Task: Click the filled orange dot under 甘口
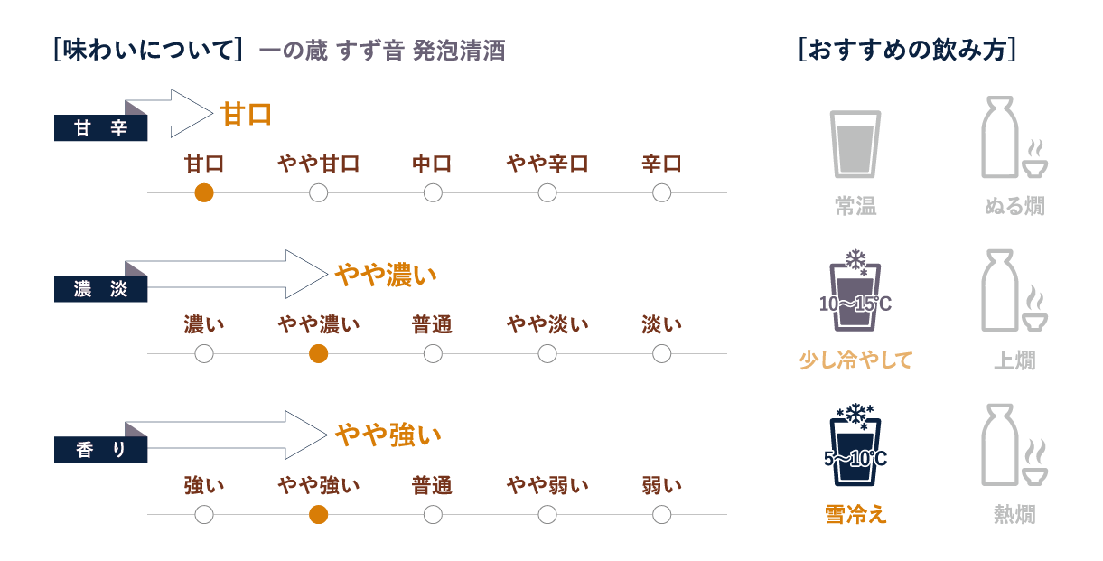204,192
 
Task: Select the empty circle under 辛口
661,192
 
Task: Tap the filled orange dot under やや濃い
319,353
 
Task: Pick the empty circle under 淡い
661,353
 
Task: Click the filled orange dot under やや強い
319,515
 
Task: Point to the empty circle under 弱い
661,515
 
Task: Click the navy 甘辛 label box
100,127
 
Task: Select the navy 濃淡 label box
100,288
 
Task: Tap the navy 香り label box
100,450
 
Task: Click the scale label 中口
433,164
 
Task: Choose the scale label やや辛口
547,164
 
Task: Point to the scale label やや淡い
547,324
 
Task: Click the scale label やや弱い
547,486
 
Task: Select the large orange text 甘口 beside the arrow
246,114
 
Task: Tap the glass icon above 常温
855,144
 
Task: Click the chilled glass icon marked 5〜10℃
855,445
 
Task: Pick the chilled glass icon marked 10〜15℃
855,291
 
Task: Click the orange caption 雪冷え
855,514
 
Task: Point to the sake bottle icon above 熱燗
1000,445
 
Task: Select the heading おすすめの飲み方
907,50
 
